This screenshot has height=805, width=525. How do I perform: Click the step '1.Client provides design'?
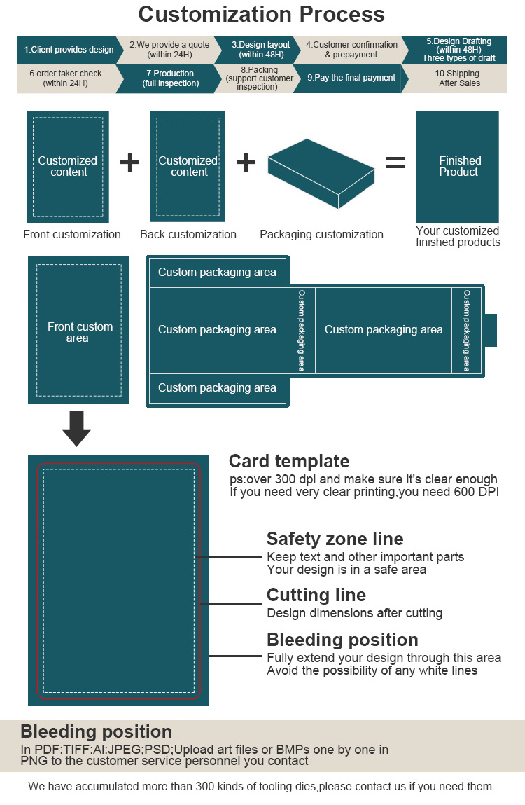pyautogui.click(x=68, y=50)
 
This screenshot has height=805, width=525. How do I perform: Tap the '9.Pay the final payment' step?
pyautogui.click(x=351, y=78)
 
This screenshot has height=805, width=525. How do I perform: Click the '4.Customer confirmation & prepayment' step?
pyautogui.click(x=351, y=50)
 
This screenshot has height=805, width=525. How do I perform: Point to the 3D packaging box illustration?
pyautogui.click(x=322, y=173)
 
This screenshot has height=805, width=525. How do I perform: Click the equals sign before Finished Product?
pyautogui.click(x=395, y=163)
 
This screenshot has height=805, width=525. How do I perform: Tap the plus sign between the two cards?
pyautogui.click(x=129, y=163)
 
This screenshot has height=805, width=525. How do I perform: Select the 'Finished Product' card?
pyautogui.click(x=458, y=167)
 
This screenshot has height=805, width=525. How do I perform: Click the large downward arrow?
pyautogui.click(x=76, y=428)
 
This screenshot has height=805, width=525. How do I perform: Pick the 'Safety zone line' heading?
pyautogui.click(x=335, y=539)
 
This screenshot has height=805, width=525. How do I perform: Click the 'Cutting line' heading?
pyautogui.click(x=316, y=595)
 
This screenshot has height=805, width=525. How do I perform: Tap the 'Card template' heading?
pyautogui.click(x=289, y=461)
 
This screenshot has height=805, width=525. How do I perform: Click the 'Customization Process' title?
pyautogui.click(x=262, y=14)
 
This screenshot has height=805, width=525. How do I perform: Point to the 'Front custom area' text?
pyautogui.click(x=79, y=332)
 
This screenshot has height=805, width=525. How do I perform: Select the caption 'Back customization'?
pyautogui.click(x=188, y=235)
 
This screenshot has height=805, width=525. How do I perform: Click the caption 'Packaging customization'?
pyautogui.click(x=321, y=235)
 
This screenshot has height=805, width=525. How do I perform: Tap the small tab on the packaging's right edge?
pyautogui.click(x=491, y=330)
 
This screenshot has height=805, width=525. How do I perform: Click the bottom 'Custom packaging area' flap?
pyautogui.click(x=217, y=387)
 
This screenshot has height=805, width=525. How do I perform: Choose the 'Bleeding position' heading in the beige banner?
pyautogui.click(x=96, y=732)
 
